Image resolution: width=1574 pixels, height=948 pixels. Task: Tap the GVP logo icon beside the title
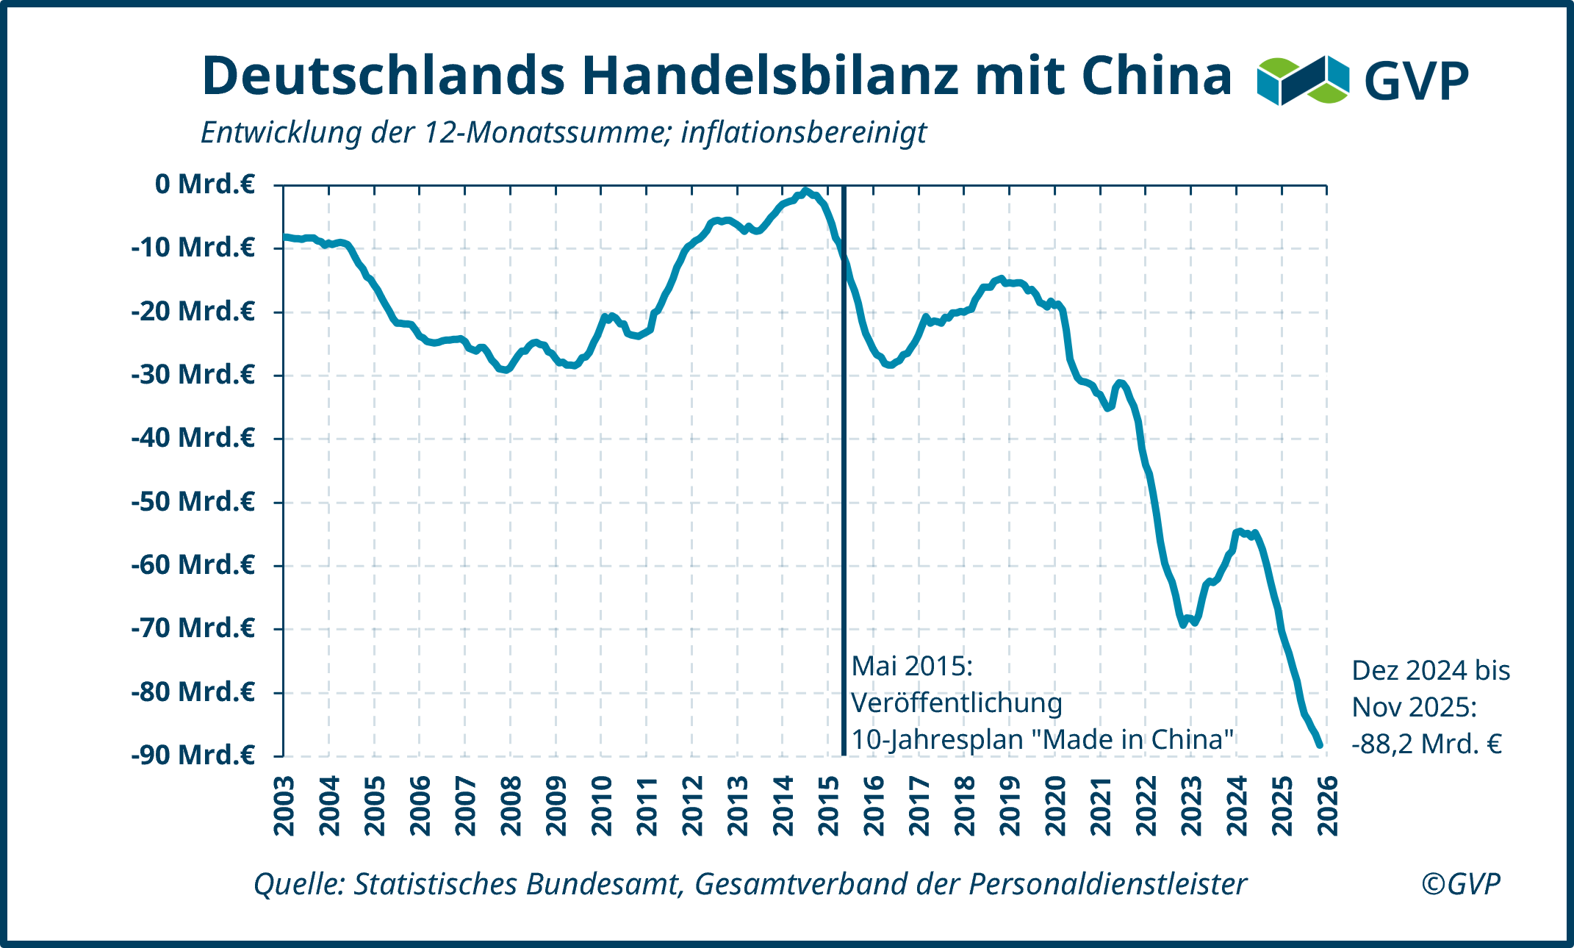[1303, 79]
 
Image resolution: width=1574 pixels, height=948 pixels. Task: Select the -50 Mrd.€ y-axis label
[193, 502]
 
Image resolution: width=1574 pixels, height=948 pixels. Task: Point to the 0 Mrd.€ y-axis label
[205, 184]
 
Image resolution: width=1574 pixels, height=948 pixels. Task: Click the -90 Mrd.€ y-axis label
[193, 755]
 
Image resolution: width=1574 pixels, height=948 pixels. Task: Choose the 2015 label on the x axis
[829, 805]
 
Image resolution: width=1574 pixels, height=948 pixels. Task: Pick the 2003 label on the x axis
[284, 805]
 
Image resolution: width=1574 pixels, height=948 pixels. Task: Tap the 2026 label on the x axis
[1328, 805]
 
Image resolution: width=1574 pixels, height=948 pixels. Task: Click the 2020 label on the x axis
[1056, 805]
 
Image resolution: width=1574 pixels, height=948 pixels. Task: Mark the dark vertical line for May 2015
[844, 514]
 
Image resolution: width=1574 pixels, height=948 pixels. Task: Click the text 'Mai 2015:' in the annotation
[912, 667]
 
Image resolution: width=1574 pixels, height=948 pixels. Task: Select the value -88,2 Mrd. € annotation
[1426, 744]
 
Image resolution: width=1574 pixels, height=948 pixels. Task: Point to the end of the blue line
[1320, 744]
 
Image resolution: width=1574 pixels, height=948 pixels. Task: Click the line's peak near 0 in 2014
[805, 191]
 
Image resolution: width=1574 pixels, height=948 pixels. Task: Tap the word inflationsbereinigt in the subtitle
[803, 133]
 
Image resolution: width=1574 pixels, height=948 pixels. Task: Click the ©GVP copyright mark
[1460, 883]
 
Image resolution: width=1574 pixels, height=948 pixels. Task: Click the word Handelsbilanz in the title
[771, 76]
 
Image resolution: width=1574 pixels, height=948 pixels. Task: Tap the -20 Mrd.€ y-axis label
[193, 312]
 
